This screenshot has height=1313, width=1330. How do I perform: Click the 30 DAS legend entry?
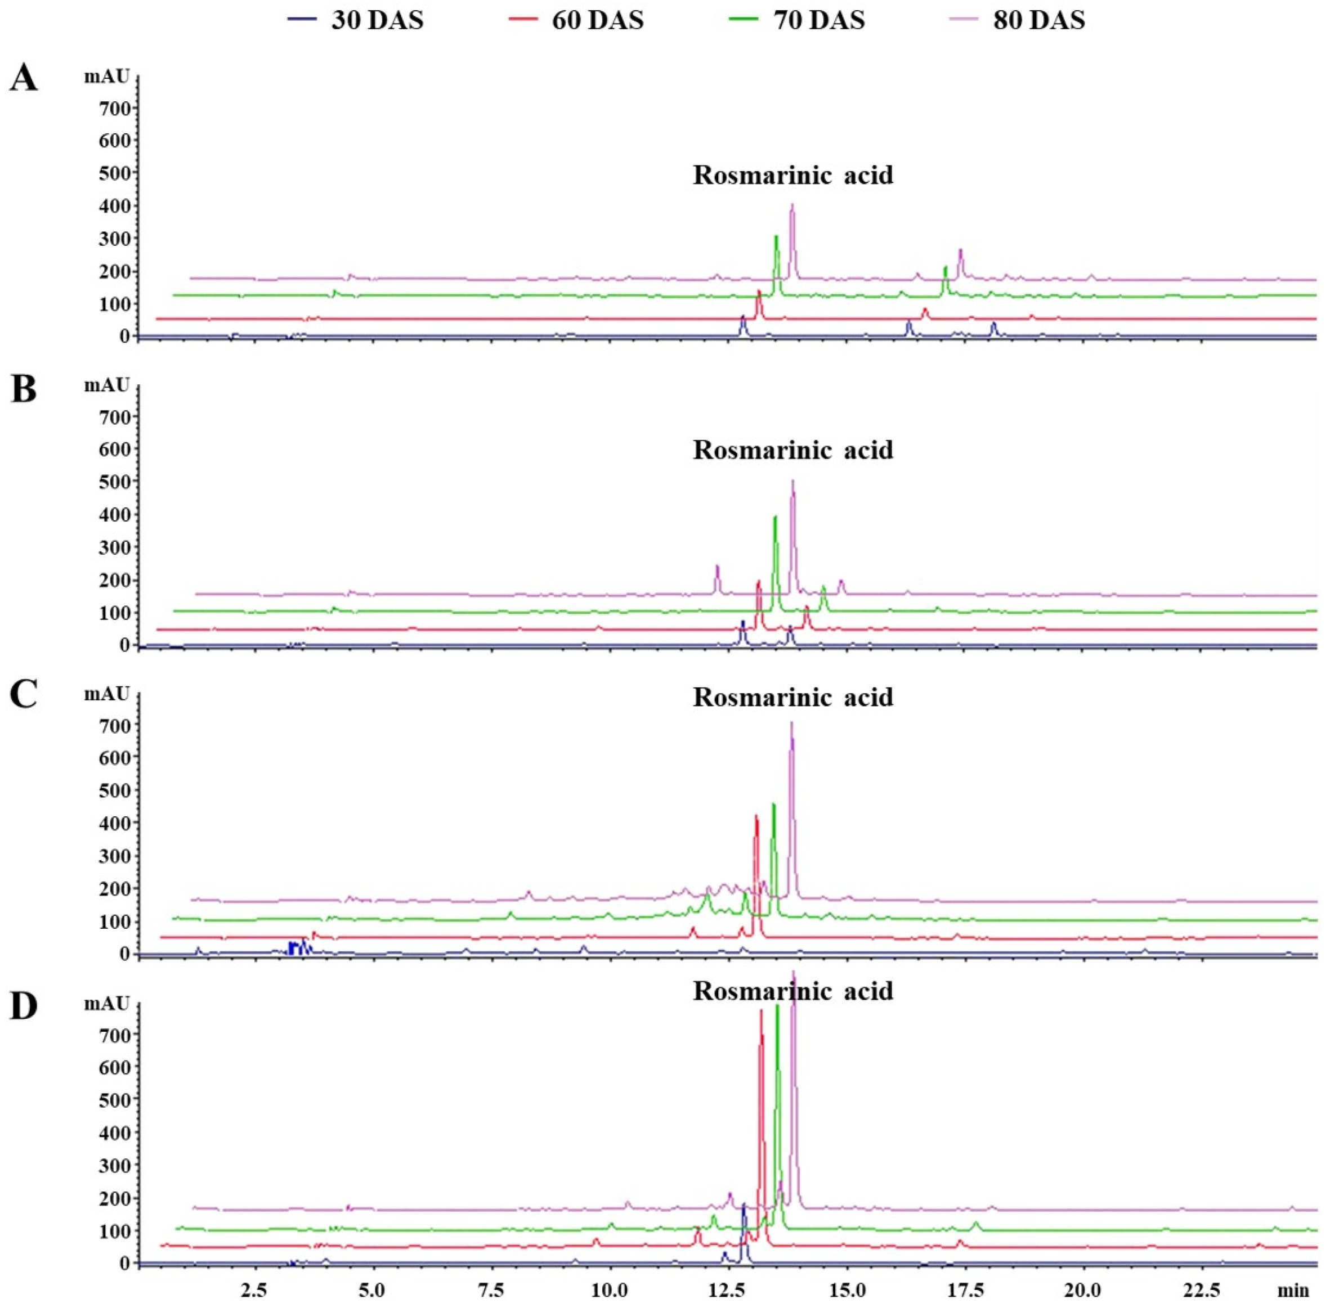(x=356, y=20)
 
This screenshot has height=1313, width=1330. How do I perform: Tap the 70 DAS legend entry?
(x=797, y=20)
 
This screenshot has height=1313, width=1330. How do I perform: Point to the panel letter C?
(x=24, y=696)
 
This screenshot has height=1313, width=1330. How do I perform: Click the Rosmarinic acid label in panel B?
(x=793, y=450)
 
